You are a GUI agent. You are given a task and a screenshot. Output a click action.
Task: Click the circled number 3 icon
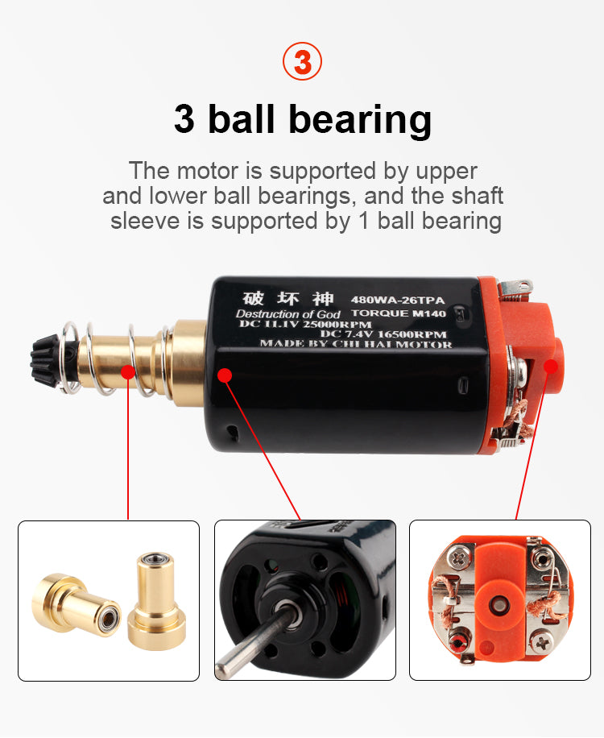(302, 61)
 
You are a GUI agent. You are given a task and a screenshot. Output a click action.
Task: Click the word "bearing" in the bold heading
(360, 120)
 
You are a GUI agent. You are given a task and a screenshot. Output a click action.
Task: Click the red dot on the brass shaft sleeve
(128, 371)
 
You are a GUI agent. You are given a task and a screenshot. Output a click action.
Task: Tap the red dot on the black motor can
(225, 375)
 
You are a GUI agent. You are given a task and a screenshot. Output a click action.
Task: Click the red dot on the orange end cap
(550, 366)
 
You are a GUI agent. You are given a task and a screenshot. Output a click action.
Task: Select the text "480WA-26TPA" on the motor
(398, 300)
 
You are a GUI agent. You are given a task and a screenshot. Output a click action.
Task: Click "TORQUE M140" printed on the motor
(399, 313)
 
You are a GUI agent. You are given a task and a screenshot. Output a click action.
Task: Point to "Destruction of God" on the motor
(288, 314)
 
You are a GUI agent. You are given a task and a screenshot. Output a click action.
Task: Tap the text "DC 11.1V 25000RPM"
(305, 324)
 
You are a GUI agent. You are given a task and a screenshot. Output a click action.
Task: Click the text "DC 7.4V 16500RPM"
(383, 334)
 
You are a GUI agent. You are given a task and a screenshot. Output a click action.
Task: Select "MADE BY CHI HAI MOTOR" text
(356, 344)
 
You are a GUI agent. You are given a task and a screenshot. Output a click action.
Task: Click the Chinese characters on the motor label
(288, 298)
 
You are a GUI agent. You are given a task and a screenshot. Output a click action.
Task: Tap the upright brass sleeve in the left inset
(156, 601)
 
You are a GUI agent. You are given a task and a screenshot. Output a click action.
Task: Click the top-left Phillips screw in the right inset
(457, 558)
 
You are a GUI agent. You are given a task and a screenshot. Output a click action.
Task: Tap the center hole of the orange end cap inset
(499, 605)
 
